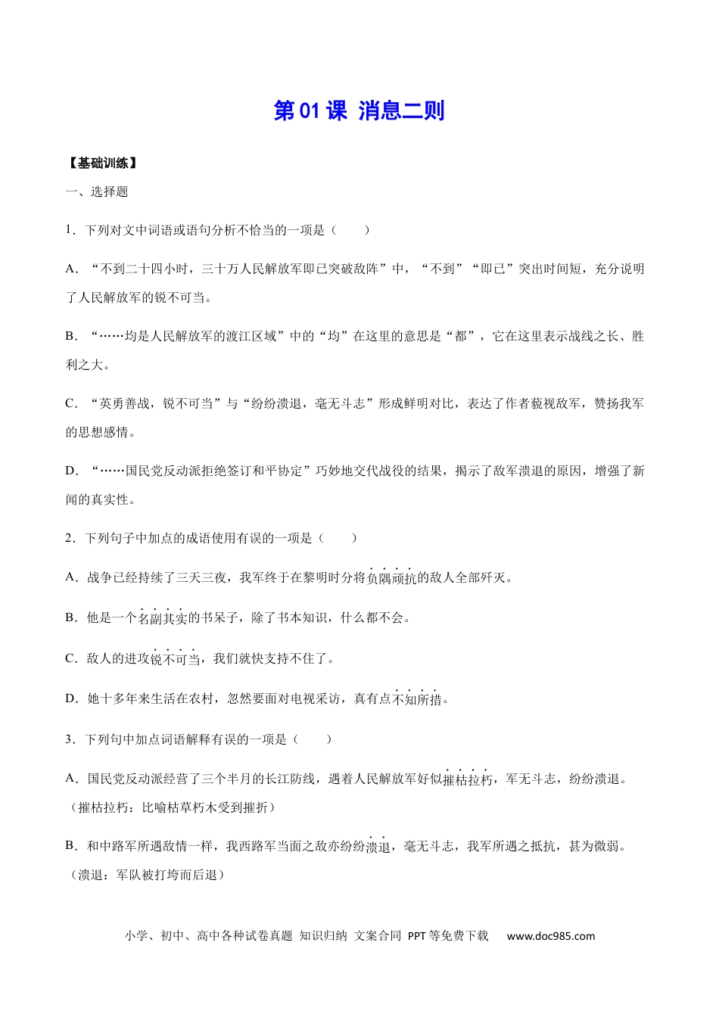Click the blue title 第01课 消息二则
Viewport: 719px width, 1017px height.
point(359,110)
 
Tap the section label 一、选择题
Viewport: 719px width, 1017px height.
point(97,191)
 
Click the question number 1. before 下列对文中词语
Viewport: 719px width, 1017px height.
point(70,230)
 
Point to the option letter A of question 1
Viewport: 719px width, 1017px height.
point(71,269)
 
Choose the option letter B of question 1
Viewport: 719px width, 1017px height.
point(71,336)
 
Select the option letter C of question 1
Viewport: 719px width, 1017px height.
point(71,403)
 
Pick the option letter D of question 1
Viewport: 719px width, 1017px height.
point(71,471)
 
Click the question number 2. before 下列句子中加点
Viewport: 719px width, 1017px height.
point(70,538)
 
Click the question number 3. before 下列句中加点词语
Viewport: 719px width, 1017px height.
point(70,739)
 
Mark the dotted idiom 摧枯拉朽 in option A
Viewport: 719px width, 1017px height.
point(468,779)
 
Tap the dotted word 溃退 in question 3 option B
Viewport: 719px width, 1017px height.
point(378,847)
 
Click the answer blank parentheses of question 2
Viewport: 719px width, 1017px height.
point(338,538)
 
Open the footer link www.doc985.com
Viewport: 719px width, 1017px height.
point(551,936)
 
